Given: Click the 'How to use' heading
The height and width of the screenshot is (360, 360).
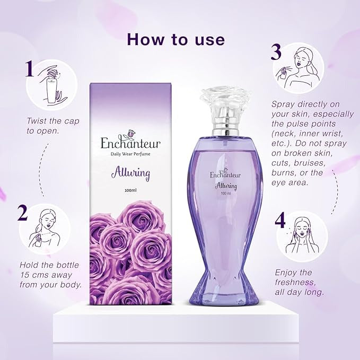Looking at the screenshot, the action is pyautogui.click(x=176, y=39).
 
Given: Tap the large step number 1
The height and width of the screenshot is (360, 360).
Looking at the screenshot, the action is pyautogui.click(x=30, y=68).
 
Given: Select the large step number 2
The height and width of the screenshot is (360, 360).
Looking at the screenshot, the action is pyautogui.click(x=22, y=213).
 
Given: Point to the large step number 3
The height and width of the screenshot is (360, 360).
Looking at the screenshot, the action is pyautogui.click(x=276, y=52).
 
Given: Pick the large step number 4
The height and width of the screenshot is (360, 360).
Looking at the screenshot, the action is pyautogui.click(x=280, y=221).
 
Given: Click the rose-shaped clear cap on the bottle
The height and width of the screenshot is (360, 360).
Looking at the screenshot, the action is pyautogui.click(x=225, y=103).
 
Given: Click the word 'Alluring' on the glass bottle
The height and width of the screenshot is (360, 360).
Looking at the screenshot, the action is pyautogui.click(x=226, y=186).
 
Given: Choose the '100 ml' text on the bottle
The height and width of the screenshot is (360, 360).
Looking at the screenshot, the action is pyautogui.click(x=226, y=194).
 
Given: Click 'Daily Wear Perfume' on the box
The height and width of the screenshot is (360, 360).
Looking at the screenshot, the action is pyautogui.click(x=130, y=154).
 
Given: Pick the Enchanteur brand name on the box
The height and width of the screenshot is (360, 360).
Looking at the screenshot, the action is pyautogui.click(x=130, y=143).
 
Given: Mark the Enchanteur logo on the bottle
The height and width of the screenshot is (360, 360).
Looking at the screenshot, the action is pyautogui.click(x=225, y=174).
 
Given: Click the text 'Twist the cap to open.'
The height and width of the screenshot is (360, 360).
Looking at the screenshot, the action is pyautogui.click(x=53, y=126).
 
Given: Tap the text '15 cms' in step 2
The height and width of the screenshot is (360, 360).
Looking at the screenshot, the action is pyautogui.click(x=34, y=275).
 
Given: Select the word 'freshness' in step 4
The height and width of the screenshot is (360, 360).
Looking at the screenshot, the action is pyautogui.click(x=295, y=282).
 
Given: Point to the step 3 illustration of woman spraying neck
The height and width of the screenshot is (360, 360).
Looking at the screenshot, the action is pyautogui.click(x=297, y=68).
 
